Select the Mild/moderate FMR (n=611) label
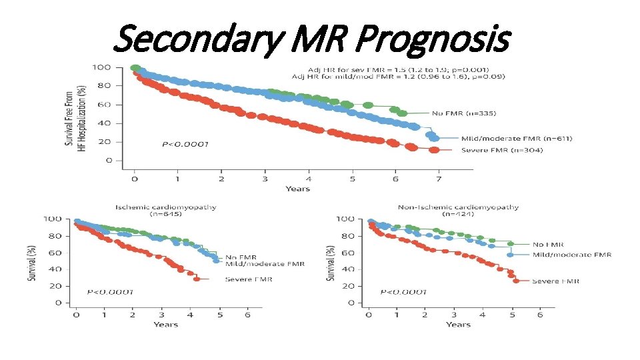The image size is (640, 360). click(x=517, y=139)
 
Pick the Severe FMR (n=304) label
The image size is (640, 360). click(x=502, y=150)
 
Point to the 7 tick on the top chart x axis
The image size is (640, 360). click(x=439, y=179)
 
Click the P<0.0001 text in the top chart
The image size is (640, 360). click(x=185, y=144)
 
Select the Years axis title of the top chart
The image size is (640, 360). click(x=297, y=189)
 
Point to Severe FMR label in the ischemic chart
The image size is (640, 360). click(x=249, y=279)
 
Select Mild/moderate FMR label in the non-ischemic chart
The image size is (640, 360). click(x=572, y=255)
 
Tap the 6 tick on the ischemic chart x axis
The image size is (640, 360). click(x=248, y=314)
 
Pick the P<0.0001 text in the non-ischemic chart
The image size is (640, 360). click(x=403, y=292)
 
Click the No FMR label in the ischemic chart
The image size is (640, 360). click(x=241, y=257)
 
